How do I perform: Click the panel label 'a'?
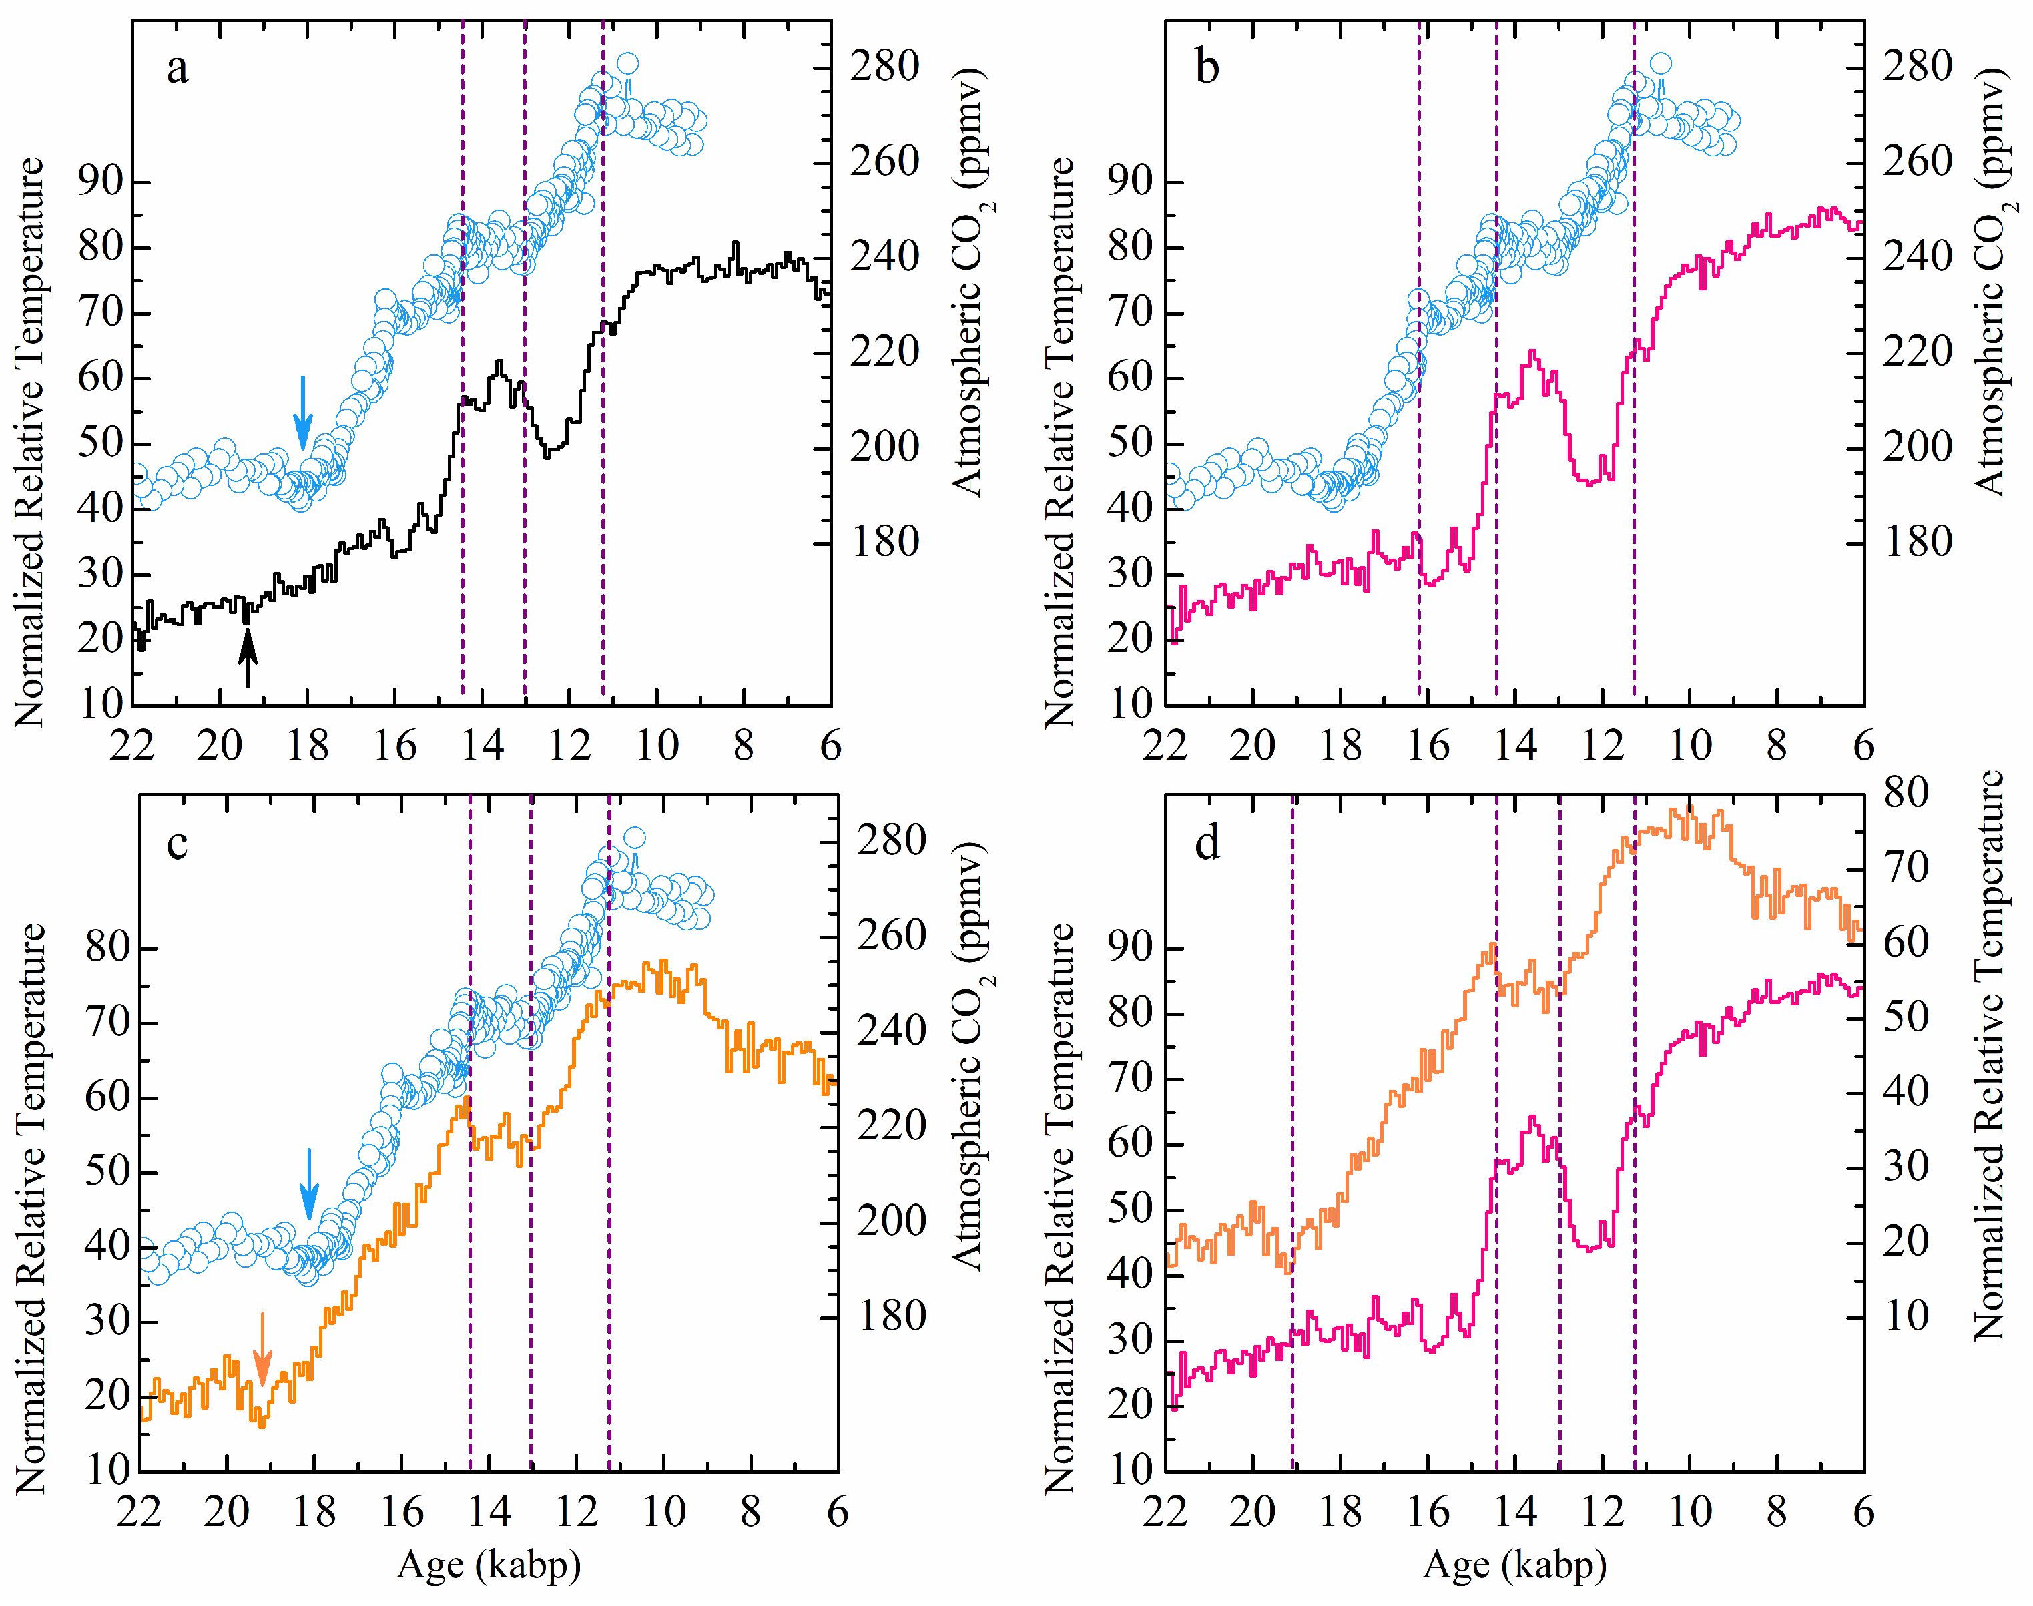pyautogui.click(x=177, y=69)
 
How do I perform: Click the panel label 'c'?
pyautogui.click(x=177, y=844)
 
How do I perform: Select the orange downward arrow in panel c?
pyautogui.click(x=262, y=1349)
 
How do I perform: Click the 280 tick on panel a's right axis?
pyautogui.click(x=884, y=67)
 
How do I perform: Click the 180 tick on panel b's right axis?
pyautogui.click(x=1916, y=543)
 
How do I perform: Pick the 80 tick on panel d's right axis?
pyautogui.click(x=1906, y=793)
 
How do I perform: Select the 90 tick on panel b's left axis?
pyautogui.click(x=1129, y=182)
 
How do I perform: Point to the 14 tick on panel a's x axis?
pyautogui.click(x=483, y=746)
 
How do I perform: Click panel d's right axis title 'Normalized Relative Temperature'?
pyautogui.click(x=1989, y=1055)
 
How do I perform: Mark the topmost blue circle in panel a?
pyautogui.click(x=628, y=64)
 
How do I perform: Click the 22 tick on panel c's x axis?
pyautogui.click(x=139, y=1512)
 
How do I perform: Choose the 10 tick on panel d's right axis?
pyautogui.click(x=1906, y=1316)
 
